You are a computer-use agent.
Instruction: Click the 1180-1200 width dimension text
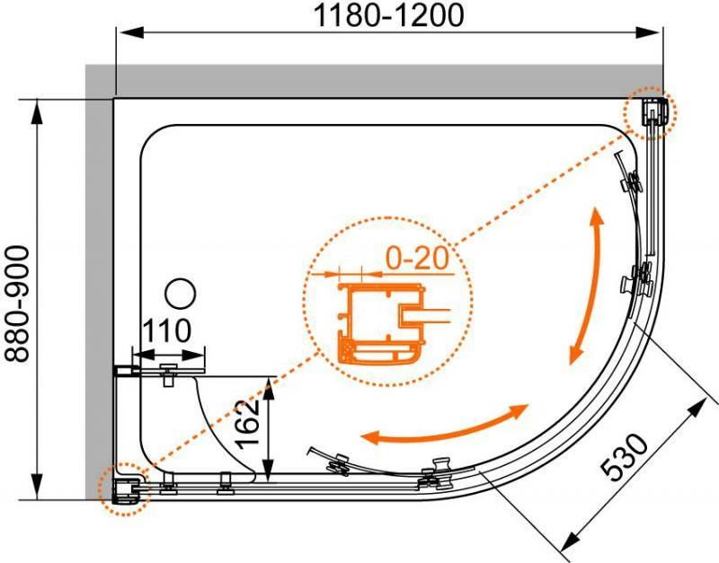[x=388, y=15]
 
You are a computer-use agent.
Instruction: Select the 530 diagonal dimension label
[x=624, y=457]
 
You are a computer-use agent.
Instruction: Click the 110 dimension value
[x=167, y=330]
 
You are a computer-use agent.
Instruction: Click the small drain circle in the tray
[x=181, y=294]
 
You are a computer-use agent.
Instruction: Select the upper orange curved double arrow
[x=586, y=286]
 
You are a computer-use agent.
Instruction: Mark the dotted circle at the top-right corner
[x=650, y=111]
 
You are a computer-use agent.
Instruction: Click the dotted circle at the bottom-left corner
[x=124, y=489]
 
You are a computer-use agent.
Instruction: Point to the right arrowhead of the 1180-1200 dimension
[x=649, y=32]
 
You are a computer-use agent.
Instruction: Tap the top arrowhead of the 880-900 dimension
[x=36, y=113]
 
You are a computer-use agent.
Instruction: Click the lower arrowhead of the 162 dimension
[x=269, y=469]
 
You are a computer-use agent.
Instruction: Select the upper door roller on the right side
[x=632, y=181]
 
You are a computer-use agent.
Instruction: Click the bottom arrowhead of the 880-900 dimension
[x=36, y=487]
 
